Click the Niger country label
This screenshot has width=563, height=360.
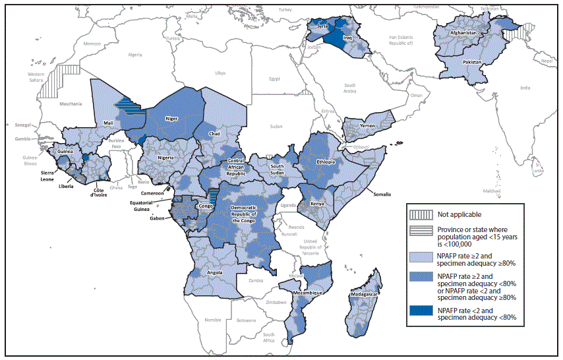point(171,119)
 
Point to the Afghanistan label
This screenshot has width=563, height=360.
point(463,32)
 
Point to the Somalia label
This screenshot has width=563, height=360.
point(380,194)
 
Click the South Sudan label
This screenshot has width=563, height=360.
point(277,170)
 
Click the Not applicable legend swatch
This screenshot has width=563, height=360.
point(420,214)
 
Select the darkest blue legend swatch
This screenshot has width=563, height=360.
point(420,313)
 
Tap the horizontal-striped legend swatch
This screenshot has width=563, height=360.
point(420,233)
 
